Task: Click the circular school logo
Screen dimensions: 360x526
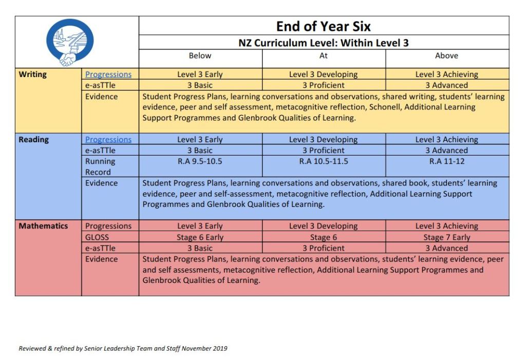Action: (x=70, y=42)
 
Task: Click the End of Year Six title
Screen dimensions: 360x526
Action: (x=323, y=26)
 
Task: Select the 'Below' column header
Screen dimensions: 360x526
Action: (x=200, y=55)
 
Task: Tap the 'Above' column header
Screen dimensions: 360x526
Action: (x=446, y=55)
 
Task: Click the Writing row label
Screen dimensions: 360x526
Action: (x=32, y=74)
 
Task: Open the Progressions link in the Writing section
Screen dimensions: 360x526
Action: (x=108, y=74)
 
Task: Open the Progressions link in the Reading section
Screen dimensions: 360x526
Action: (x=108, y=140)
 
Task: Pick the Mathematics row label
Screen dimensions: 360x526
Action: (x=43, y=226)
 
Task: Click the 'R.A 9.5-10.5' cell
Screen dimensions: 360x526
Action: (x=200, y=161)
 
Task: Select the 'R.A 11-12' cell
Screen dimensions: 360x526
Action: (x=446, y=161)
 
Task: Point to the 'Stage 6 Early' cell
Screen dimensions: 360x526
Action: (x=200, y=237)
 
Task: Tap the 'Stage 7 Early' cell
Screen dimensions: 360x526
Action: (x=446, y=237)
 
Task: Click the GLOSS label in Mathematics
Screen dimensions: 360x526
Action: (x=97, y=237)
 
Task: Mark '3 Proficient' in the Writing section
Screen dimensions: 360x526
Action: (x=323, y=85)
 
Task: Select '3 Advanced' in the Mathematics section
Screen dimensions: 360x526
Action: (x=446, y=248)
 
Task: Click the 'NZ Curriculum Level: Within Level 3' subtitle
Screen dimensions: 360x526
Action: (x=323, y=43)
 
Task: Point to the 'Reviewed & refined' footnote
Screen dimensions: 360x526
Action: (x=123, y=348)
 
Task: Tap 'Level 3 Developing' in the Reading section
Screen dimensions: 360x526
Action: (x=323, y=140)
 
